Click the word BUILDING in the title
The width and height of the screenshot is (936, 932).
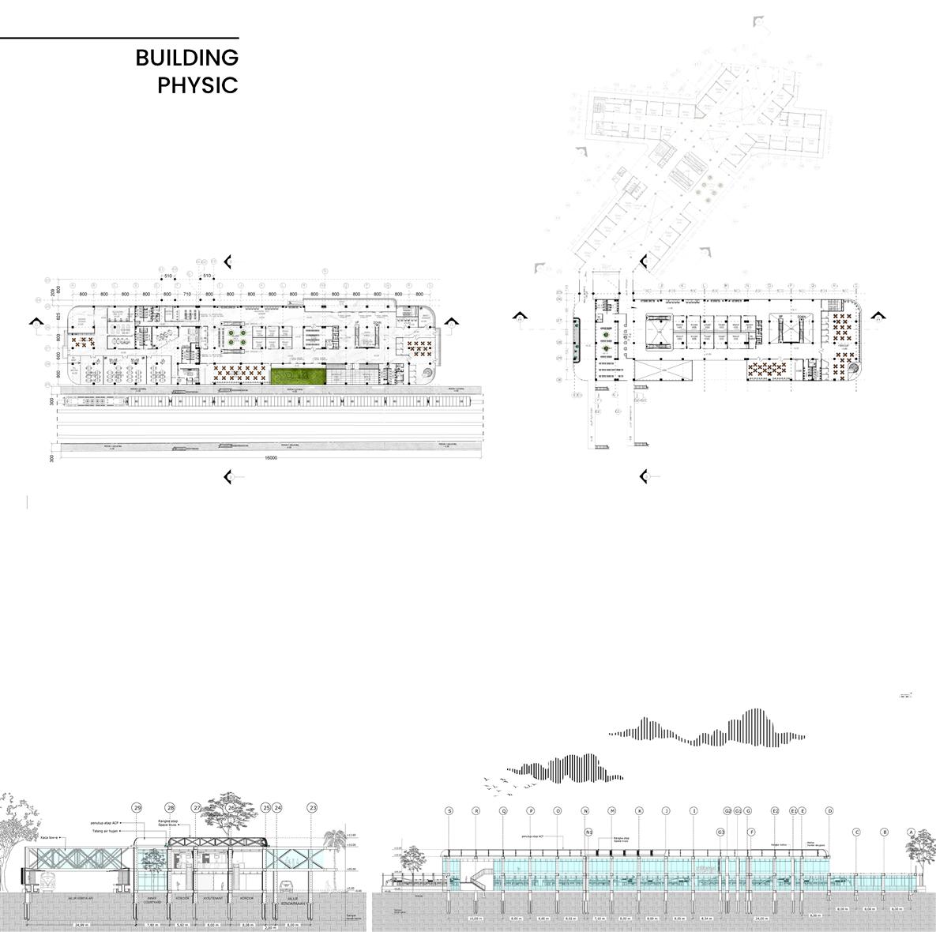point(186,58)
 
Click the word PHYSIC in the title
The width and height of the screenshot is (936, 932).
point(197,85)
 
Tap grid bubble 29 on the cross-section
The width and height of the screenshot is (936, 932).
point(137,808)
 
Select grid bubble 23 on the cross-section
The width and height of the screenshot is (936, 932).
point(313,808)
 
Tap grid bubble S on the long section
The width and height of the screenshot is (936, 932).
point(449,811)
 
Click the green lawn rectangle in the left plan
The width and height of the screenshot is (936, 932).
point(298,375)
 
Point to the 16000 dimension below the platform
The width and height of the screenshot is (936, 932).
point(271,458)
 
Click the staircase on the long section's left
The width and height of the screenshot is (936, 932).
point(476,878)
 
